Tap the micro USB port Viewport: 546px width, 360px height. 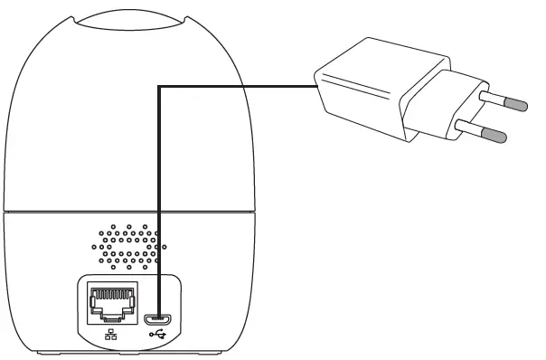point(161,317)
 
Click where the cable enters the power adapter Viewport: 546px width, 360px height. point(314,86)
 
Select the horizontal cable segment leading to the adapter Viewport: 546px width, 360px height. point(235,86)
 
